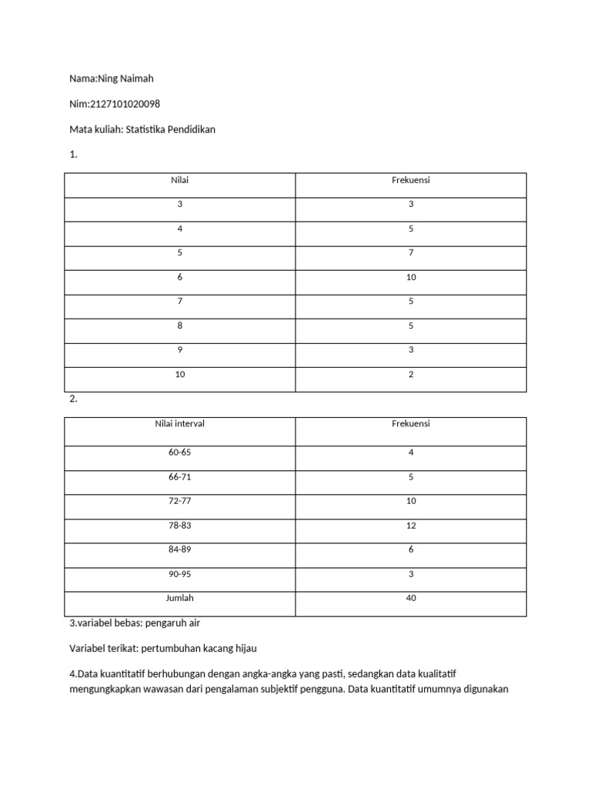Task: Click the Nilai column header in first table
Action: point(179,180)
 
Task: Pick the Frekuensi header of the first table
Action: point(411,180)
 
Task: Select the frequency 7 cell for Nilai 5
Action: point(411,252)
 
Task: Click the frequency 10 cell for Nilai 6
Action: point(411,277)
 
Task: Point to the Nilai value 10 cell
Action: point(179,375)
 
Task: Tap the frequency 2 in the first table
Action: point(411,375)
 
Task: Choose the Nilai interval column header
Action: point(179,424)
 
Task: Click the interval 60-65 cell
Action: point(179,452)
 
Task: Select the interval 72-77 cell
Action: point(179,501)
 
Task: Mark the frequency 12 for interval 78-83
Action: point(411,526)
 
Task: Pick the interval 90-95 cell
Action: point(179,574)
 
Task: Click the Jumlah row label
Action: point(179,598)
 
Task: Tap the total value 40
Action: point(411,598)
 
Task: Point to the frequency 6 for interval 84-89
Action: point(411,549)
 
